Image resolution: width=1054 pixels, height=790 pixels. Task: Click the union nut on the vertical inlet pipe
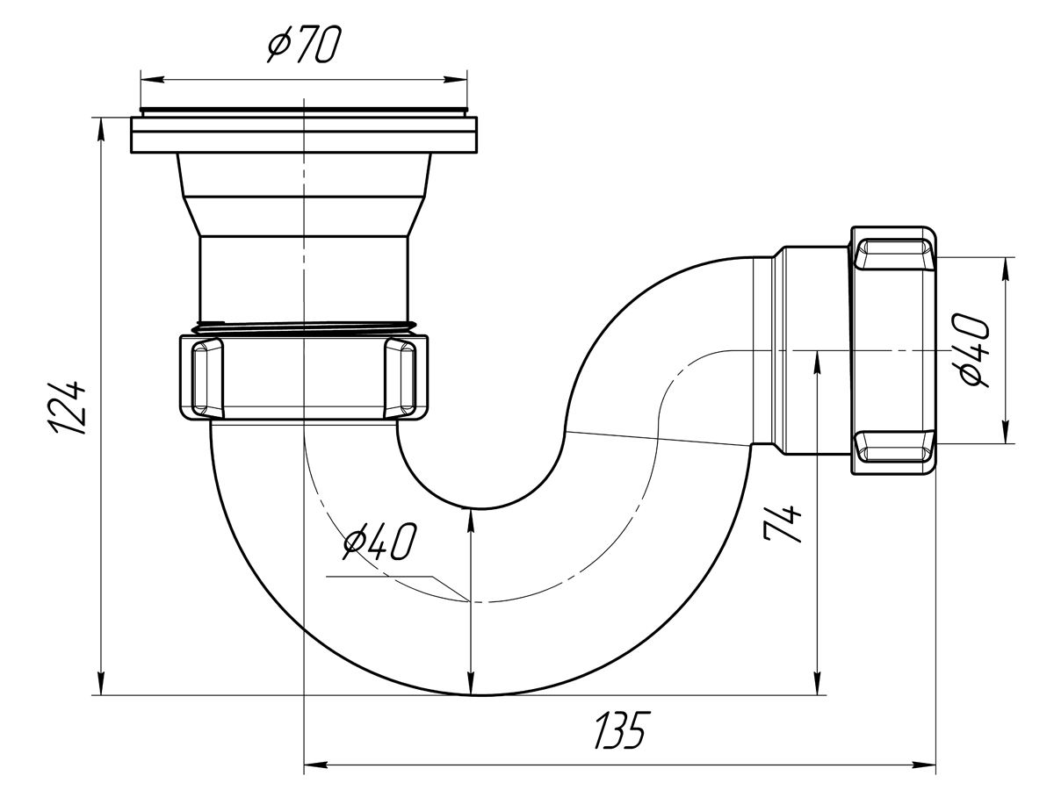point(304,376)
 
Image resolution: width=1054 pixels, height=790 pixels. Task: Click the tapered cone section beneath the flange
point(304,195)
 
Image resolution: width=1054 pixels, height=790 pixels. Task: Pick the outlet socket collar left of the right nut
point(812,349)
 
